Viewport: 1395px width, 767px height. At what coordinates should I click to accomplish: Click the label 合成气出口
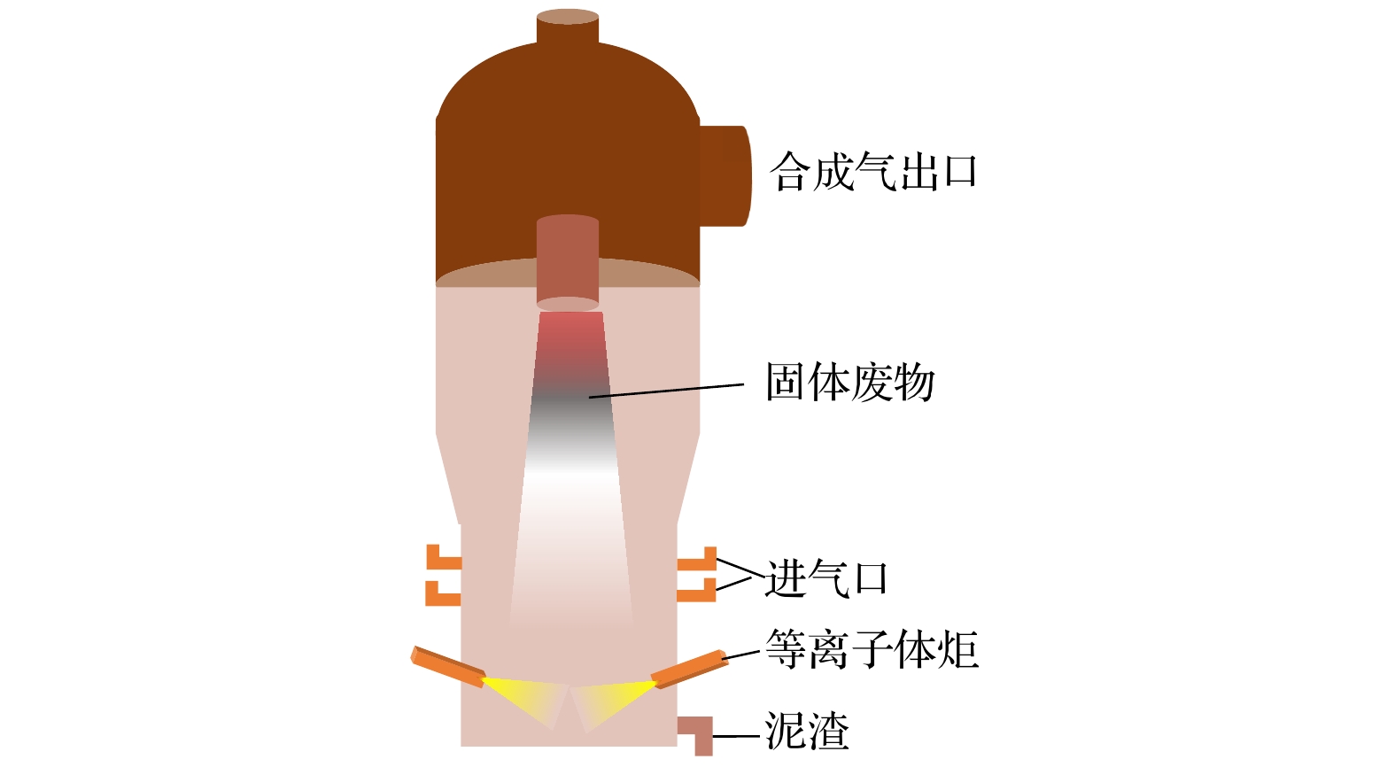873,171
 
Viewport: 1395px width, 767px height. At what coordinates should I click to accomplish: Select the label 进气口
826,578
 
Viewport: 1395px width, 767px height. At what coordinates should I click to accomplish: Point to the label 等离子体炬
872,648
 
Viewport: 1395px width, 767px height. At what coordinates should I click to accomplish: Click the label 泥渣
807,731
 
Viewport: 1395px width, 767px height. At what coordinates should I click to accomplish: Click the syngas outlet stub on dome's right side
725,176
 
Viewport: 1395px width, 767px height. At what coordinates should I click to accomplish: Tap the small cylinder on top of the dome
568,27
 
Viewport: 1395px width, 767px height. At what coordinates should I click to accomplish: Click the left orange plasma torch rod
448,667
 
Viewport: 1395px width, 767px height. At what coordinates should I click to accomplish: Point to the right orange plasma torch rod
690,670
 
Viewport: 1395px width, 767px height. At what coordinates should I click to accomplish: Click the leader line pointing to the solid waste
666,391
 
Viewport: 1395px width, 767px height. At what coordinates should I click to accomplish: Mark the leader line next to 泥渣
736,736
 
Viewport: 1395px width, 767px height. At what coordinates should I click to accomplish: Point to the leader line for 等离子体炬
741,655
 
